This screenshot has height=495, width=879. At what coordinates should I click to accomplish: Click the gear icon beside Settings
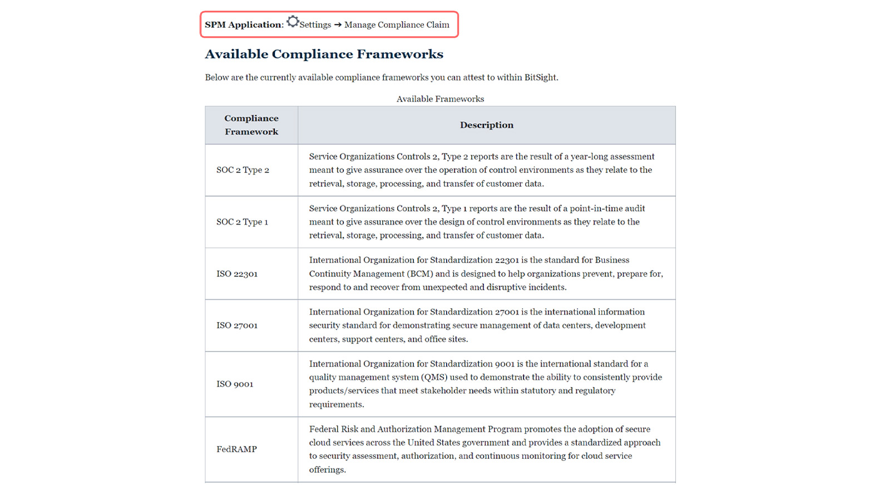293,22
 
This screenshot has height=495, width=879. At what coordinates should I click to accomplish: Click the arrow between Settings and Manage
338,25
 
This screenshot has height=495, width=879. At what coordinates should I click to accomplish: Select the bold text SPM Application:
244,25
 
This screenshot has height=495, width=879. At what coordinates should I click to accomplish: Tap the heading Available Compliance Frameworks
324,55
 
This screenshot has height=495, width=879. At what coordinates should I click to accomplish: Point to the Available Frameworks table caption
440,99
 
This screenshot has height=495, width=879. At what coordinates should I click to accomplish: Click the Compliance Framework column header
251,125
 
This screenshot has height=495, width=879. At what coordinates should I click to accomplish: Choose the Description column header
486,125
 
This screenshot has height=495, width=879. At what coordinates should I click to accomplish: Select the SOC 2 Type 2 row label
243,170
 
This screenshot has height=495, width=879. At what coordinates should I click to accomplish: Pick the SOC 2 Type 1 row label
242,222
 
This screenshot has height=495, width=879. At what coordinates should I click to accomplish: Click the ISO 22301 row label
237,274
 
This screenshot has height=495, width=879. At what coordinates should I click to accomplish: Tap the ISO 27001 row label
237,325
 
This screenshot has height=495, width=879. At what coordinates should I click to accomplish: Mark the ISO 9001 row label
235,384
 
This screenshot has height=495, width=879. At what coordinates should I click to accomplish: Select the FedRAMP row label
236,449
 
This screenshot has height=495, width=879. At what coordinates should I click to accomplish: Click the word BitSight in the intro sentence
540,78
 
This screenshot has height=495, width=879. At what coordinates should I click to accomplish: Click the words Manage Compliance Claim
397,25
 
